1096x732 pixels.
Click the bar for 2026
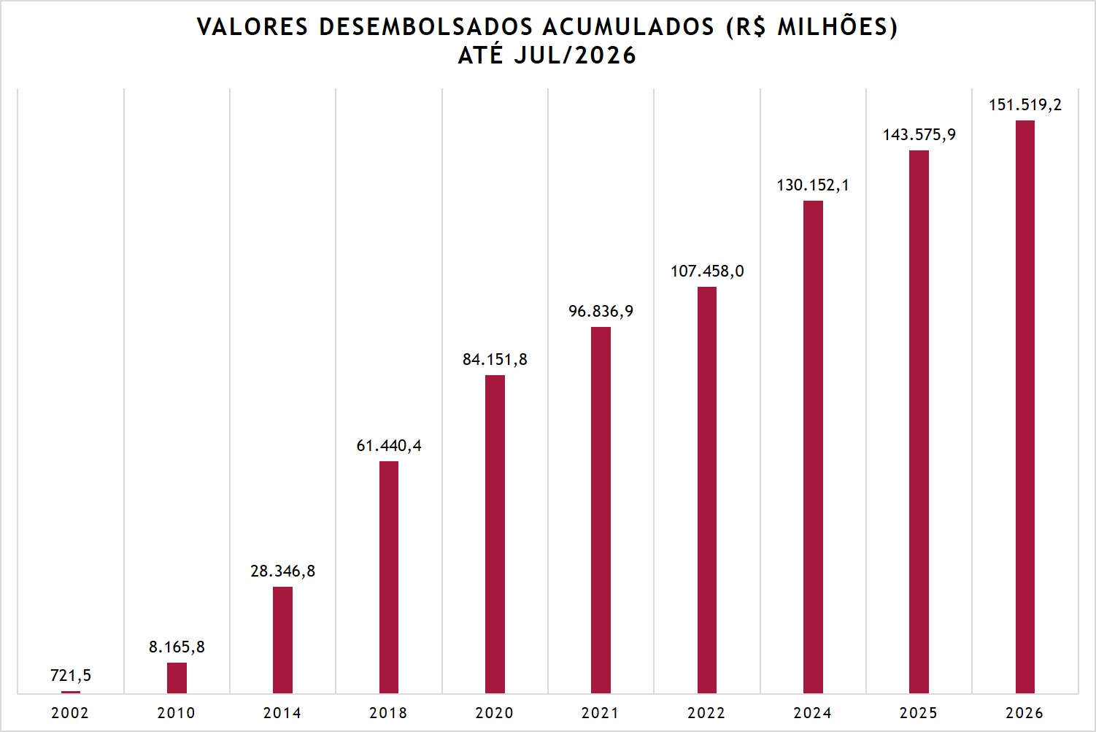pos(1025,407)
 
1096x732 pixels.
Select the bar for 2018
pos(389,577)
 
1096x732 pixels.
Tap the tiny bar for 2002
pos(71,692)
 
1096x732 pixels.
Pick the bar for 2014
pos(283,640)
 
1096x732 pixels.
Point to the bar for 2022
pos(707,490)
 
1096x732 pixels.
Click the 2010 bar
pos(177,678)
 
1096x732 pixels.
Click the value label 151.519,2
pos(1025,104)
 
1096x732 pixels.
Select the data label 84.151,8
pos(495,360)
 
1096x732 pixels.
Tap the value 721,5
pos(71,675)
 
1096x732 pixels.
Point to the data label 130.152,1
pos(813,185)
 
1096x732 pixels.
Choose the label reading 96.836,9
pos(601,311)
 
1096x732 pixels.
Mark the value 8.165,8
pos(177,647)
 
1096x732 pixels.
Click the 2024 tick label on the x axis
pos(813,713)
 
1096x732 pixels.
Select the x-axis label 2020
pos(495,713)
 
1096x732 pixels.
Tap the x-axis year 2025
pos(919,713)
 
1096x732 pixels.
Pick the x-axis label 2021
pos(601,713)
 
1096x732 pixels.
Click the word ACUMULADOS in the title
pos(628,27)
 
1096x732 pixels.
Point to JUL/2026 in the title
pos(575,55)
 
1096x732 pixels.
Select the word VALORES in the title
pos(252,27)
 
